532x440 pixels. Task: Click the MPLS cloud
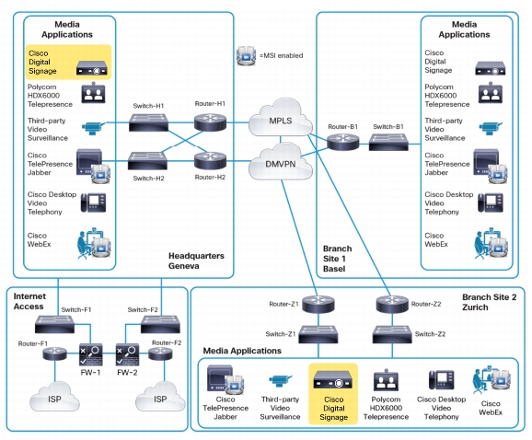[280, 118]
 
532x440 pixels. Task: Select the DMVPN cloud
[280, 162]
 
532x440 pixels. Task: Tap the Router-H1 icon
[210, 122]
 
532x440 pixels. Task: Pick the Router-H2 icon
[210, 161]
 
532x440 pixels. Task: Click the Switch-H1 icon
[148, 122]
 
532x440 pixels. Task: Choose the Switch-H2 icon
[147, 161]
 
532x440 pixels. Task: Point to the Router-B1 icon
[343, 142]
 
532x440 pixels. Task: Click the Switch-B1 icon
[388, 142]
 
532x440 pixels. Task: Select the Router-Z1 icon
[318, 304]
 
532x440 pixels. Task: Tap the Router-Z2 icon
[392, 304]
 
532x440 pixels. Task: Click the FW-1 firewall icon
[90, 354]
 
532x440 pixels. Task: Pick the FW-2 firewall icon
[127, 354]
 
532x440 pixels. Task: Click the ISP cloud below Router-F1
[54, 396]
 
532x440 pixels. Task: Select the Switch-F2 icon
[160, 324]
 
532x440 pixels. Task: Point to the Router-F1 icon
[54, 353]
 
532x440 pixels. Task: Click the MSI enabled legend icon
[246, 55]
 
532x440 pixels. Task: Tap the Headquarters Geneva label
[196, 261]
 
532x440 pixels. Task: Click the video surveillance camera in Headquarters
[93, 128]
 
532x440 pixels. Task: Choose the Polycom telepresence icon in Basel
[491, 93]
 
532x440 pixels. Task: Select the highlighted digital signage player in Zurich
[333, 379]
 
